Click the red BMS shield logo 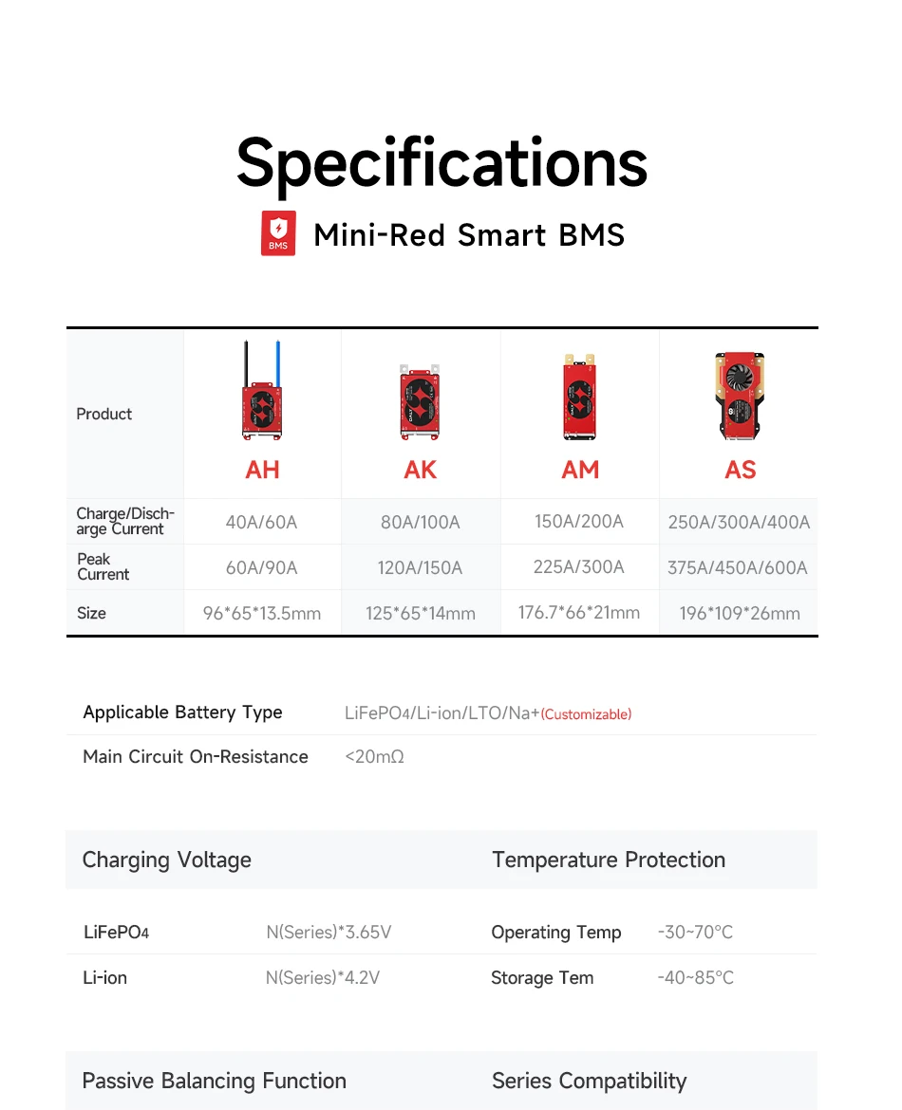point(278,232)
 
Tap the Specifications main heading point(442,164)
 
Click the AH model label point(262,470)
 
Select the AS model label point(740,470)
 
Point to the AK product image point(420,401)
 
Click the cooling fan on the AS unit point(739,373)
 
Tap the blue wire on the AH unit point(278,363)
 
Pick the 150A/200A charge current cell point(579,522)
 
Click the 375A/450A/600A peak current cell point(738,567)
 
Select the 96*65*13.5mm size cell point(261,613)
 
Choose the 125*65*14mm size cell point(421,613)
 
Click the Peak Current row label point(103,566)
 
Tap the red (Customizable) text point(586,714)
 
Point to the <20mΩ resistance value point(374,757)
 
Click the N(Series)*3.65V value point(329,932)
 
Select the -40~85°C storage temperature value point(696,977)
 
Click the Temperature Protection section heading point(609,860)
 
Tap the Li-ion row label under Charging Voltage point(104,977)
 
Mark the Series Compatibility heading point(590,1081)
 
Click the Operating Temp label point(556,933)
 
